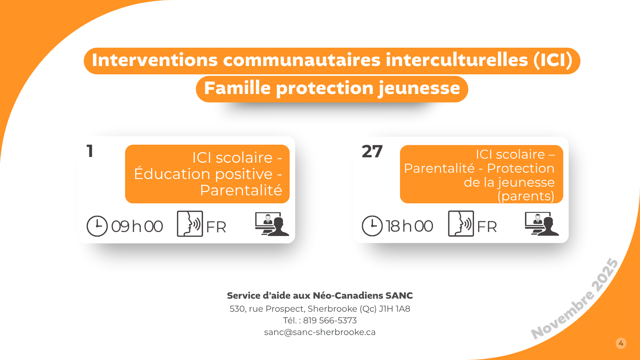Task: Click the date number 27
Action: (372, 152)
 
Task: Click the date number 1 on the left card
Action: (90, 151)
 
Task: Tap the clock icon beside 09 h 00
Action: (97, 226)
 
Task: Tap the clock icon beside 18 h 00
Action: (372, 226)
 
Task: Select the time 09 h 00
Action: (137, 227)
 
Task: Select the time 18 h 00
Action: (409, 226)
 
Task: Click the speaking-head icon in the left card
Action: (190, 224)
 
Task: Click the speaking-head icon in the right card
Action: (461, 223)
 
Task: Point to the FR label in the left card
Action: (216, 227)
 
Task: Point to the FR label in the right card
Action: (487, 227)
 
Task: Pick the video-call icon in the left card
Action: (272, 224)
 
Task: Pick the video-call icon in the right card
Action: (542, 224)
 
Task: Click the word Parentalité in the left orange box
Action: (241, 190)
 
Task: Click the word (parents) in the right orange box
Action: (526, 196)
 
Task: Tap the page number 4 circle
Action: (621, 343)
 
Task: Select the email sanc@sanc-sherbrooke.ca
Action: (320, 332)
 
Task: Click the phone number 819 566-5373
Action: (330, 321)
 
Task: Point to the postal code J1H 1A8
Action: (395, 309)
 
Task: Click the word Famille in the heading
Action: (237, 88)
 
